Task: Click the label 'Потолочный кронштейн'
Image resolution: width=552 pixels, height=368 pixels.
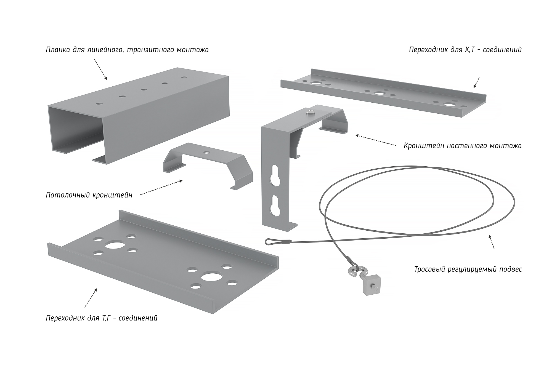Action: tap(89, 195)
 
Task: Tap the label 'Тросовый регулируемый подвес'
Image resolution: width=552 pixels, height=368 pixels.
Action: tap(468, 269)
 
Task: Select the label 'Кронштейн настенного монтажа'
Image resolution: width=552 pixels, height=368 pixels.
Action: tap(463, 146)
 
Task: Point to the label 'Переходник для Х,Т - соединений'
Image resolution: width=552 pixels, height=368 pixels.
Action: tap(465, 50)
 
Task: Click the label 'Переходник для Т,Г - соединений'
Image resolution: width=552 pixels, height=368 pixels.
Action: tap(102, 318)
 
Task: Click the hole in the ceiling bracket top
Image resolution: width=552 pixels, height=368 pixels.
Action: tap(206, 152)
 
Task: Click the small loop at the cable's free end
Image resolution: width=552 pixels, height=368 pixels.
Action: tap(270, 242)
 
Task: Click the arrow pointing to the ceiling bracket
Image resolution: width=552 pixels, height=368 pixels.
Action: tap(161, 188)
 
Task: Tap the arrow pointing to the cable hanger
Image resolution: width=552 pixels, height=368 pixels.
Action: tap(491, 241)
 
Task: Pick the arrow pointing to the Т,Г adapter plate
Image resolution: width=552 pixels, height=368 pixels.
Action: tap(91, 298)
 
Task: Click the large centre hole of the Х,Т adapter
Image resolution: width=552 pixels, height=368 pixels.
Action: tap(380, 93)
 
